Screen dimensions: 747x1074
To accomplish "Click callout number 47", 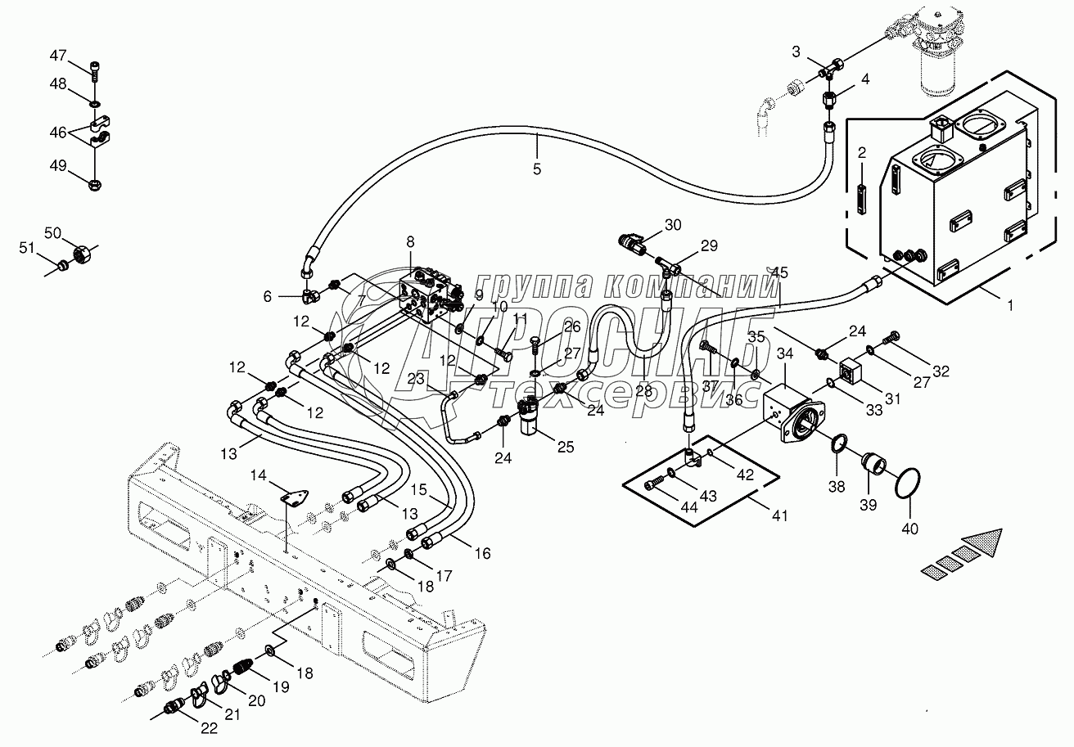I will [57, 56].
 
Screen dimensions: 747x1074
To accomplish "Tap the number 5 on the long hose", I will [536, 169].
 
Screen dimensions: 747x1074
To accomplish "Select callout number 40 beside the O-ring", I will [909, 529].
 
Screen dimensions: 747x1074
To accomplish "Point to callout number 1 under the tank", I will [1011, 305].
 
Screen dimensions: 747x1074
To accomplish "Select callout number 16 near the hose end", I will [482, 554].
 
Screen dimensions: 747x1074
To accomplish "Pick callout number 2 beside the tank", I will [861, 154].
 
